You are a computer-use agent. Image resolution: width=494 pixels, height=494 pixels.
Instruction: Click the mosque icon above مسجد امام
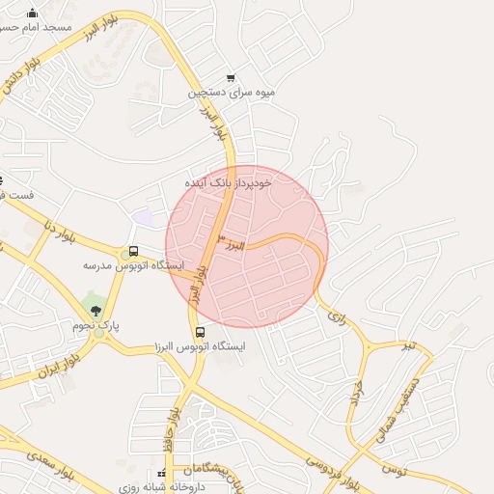click(33, 14)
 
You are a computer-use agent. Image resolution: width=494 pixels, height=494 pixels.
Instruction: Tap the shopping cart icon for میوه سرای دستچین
click(230, 78)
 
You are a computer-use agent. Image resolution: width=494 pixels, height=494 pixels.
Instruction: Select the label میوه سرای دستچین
click(232, 94)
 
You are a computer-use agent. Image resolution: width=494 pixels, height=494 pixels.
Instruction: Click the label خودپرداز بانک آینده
click(230, 180)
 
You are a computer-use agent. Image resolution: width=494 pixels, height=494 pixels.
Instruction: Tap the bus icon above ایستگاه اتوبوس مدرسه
click(133, 252)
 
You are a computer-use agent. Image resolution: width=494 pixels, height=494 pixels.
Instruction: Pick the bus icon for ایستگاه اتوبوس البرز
click(200, 333)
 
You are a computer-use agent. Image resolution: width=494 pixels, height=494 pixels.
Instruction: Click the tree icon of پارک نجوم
click(95, 309)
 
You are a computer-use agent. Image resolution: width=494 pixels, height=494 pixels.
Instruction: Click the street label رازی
click(336, 315)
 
